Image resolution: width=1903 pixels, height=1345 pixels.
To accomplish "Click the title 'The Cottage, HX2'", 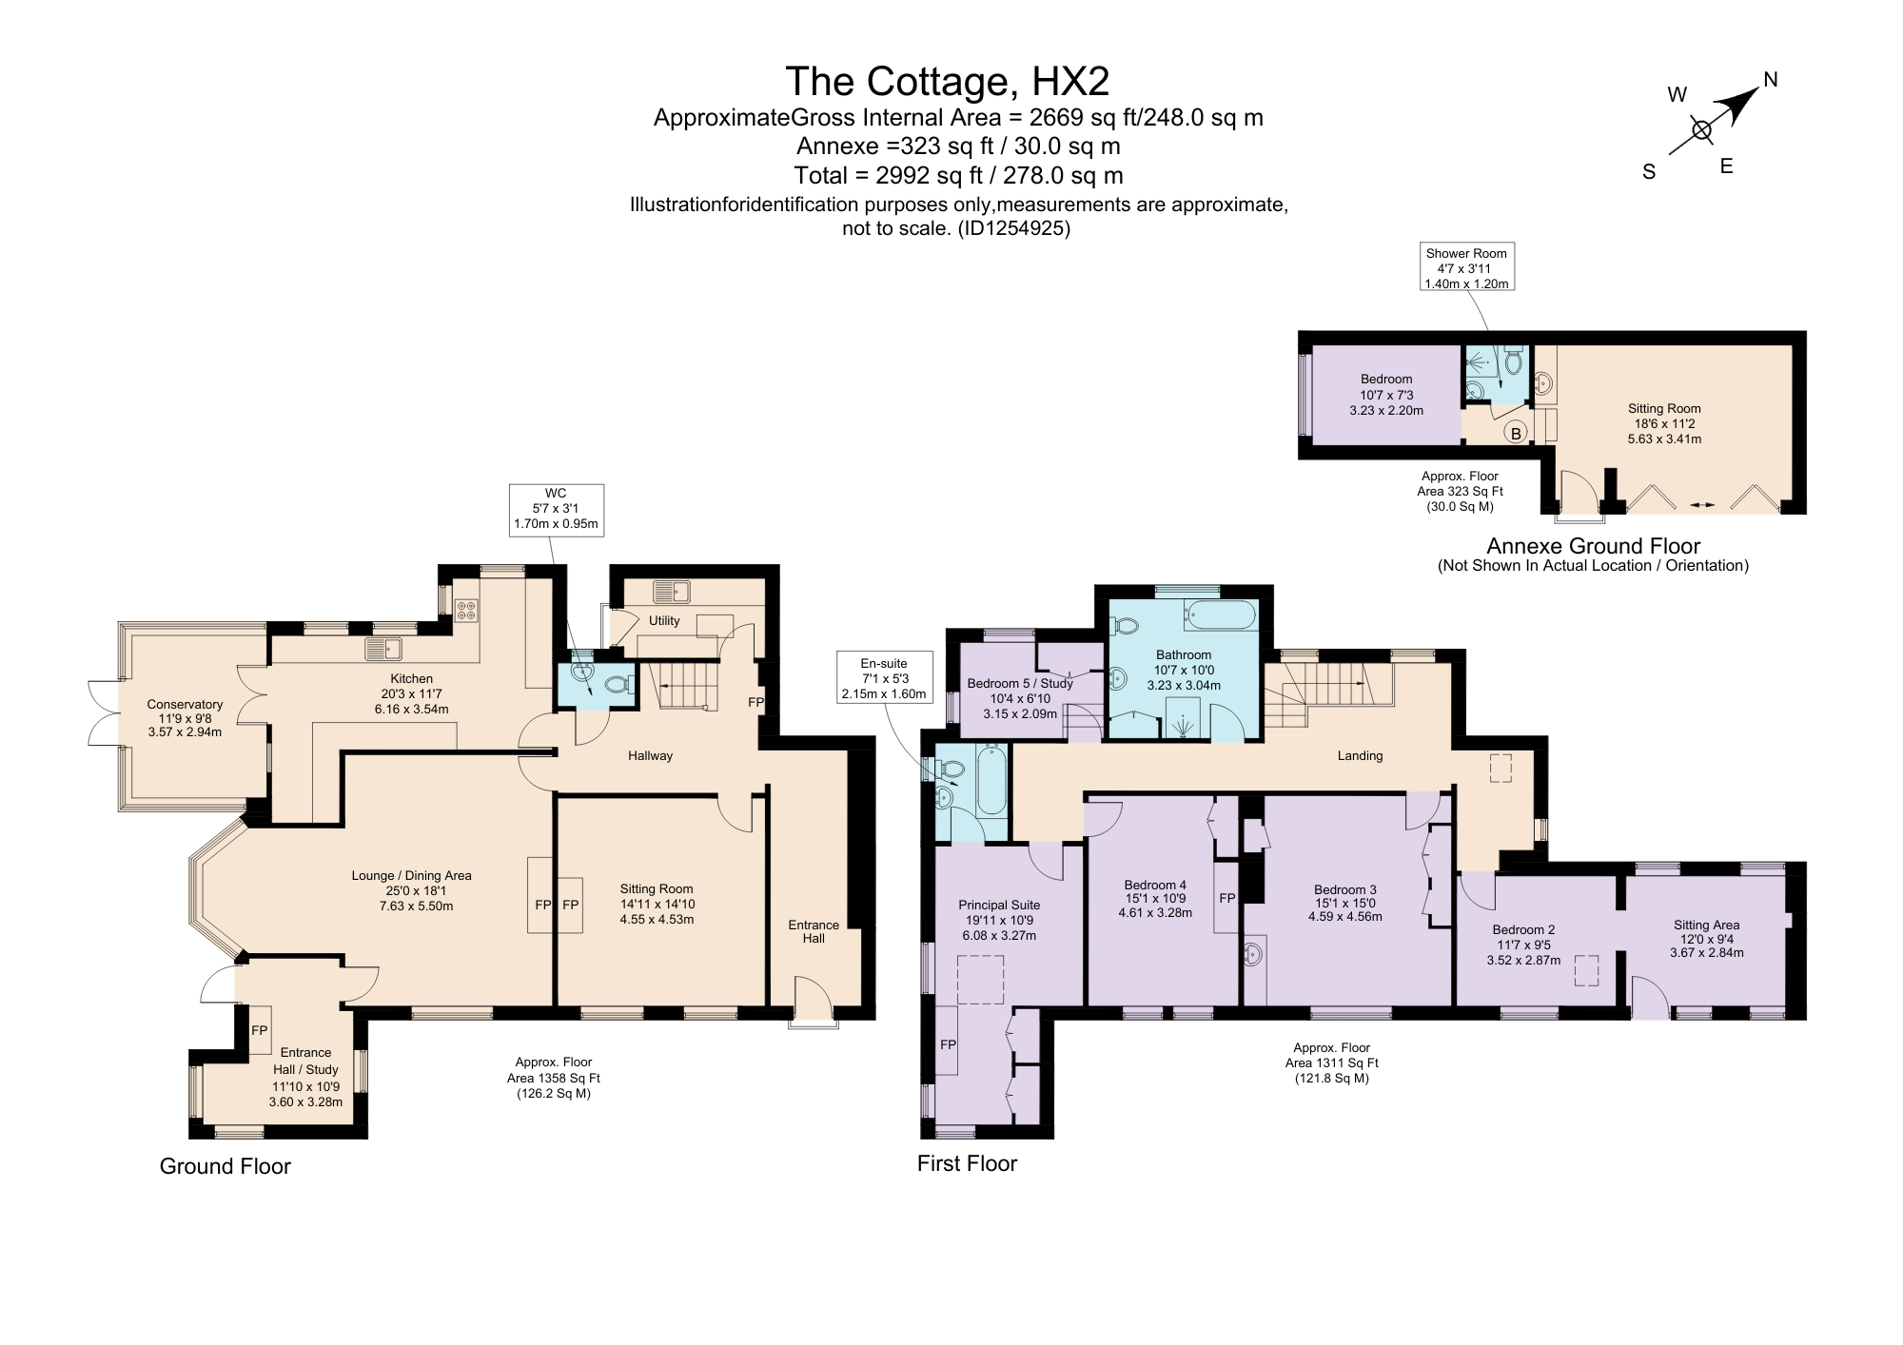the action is (948, 82).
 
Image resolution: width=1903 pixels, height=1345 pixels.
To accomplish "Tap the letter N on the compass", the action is (1771, 80).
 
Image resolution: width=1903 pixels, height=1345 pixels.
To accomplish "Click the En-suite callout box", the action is (884, 678).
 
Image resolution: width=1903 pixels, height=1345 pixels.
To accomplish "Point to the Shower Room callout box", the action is (1466, 267).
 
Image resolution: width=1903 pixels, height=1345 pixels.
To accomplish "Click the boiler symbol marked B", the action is (1517, 433).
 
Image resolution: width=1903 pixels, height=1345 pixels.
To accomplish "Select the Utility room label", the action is (664, 621).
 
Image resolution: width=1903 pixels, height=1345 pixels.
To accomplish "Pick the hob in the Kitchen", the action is (466, 610).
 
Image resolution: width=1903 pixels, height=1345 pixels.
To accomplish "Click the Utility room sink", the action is (672, 592).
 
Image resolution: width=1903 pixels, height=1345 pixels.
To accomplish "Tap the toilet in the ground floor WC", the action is (619, 684).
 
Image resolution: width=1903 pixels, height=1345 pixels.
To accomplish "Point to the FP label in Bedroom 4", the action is (1227, 898).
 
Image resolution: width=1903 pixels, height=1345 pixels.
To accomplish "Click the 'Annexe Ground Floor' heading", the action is (1593, 546).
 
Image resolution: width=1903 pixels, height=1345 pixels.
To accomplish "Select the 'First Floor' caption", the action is (967, 1163).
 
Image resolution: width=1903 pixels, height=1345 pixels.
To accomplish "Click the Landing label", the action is (1360, 756).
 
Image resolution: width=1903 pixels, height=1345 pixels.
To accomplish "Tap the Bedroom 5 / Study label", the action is (1020, 683).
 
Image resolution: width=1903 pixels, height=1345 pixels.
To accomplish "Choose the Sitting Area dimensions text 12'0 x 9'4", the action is (1707, 939).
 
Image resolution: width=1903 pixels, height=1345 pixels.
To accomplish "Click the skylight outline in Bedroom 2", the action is (1586, 970).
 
